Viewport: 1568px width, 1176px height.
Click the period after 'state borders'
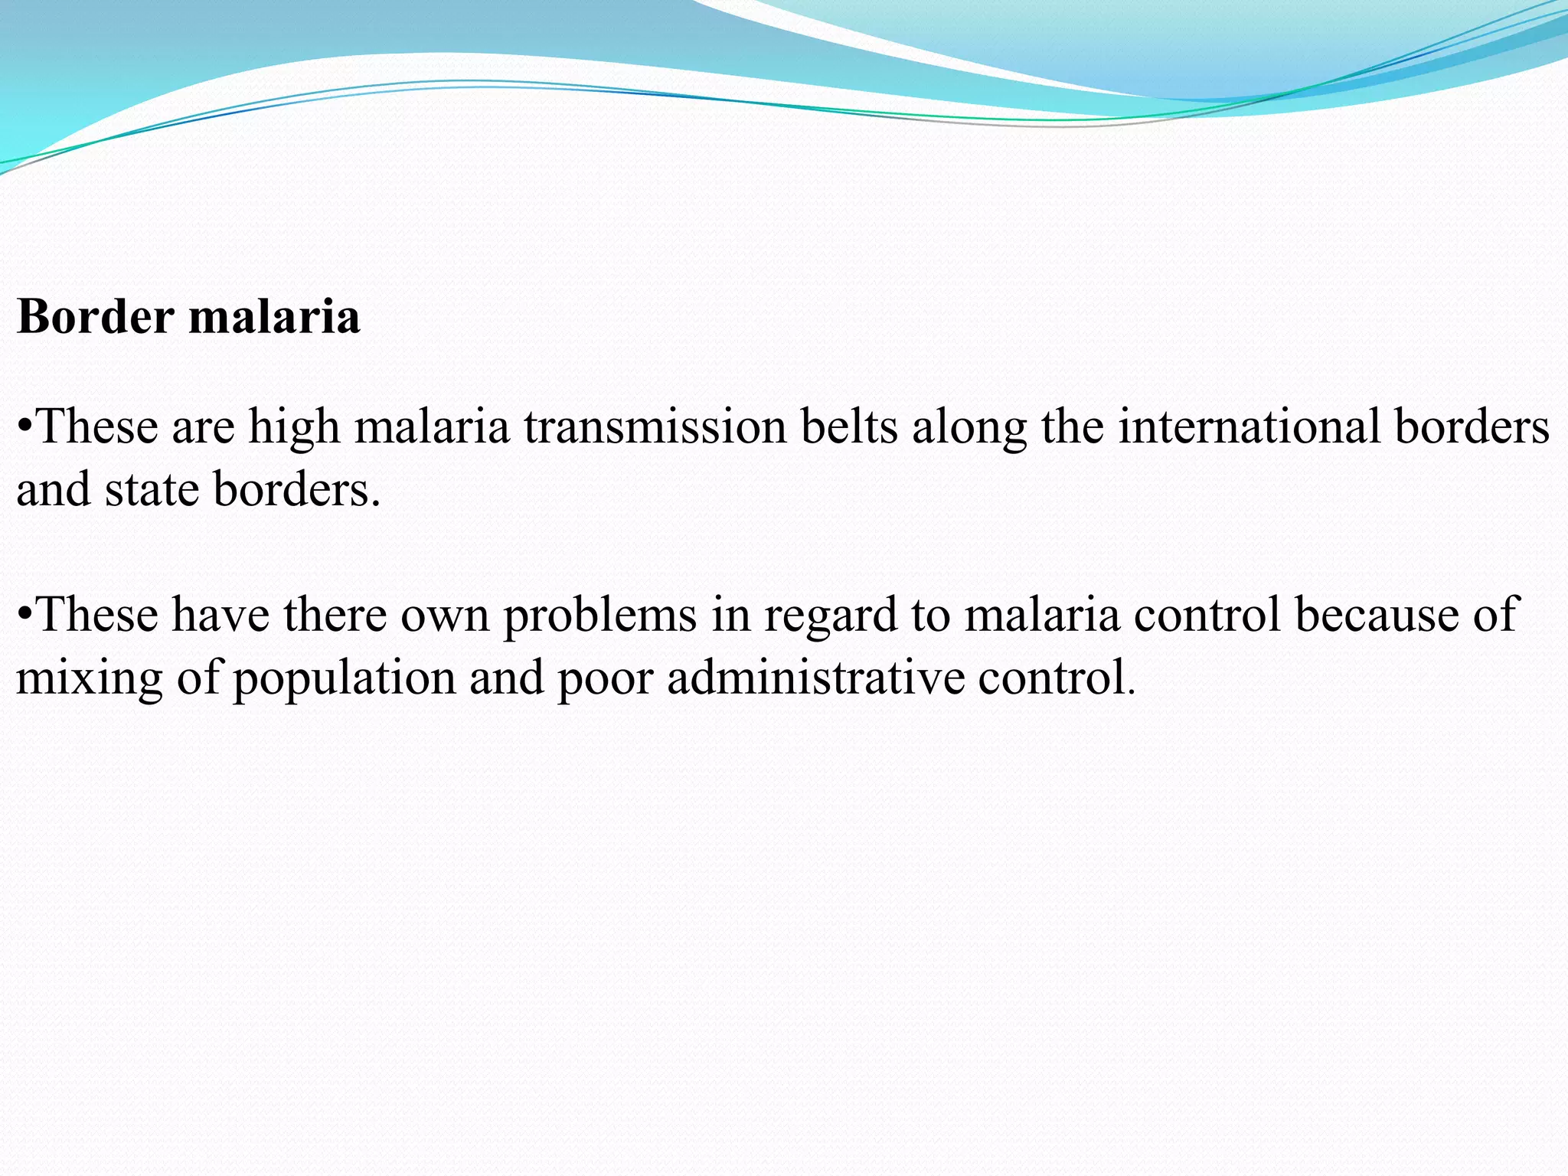pos(375,504)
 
